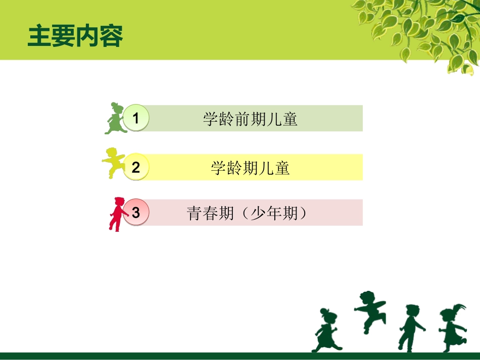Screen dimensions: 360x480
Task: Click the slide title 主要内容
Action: click(75, 36)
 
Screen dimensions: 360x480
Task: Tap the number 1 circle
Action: click(135, 118)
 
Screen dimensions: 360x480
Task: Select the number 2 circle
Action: click(135, 167)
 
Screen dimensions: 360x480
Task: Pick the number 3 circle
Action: click(135, 213)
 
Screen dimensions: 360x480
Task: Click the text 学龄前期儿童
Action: click(250, 119)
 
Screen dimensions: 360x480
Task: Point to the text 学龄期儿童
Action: click(250, 168)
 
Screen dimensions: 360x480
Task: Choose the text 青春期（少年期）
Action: click(248, 213)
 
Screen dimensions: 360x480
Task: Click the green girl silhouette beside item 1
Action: click(115, 119)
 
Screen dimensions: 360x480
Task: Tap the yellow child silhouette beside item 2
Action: click(114, 162)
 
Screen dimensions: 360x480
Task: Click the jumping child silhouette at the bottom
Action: click(370, 311)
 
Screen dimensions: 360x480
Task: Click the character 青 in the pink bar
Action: click(196, 213)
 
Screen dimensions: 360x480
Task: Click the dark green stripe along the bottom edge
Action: click(240, 356)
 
